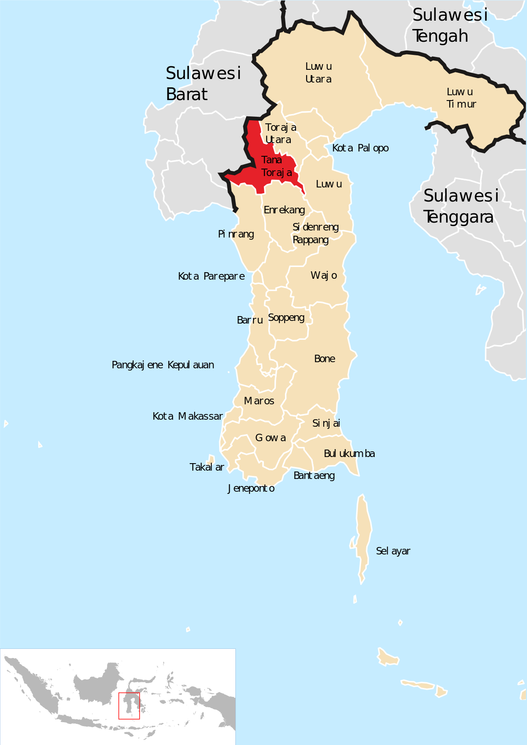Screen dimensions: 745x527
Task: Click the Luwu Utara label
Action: pyautogui.click(x=318, y=73)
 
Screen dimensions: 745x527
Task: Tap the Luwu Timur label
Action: pyautogui.click(x=461, y=98)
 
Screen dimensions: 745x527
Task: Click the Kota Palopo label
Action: pyautogui.click(x=360, y=148)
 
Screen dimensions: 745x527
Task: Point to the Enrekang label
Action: pyautogui.click(x=284, y=210)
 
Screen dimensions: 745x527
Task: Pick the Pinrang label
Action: pyautogui.click(x=236, y=234)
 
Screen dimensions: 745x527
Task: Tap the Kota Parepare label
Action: pyautogui.click(x=211, y=277)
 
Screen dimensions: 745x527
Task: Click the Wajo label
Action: pyautogui.click(x=324, y=276)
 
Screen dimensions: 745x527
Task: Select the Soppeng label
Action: pyautogui.click(x=286, y=318)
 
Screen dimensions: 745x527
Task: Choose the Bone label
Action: pyautogui.click(x=325, y=359)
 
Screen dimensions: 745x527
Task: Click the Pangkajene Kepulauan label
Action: pyautogui.click(x=163, y=365)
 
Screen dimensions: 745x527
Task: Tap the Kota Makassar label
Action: pyautogui.click(x=188, y=417)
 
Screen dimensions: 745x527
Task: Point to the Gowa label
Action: pyautogui.click(x=271, y=438)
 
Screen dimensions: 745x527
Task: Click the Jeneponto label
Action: pyautogui.click(x=251, y=489)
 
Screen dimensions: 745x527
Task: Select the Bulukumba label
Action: pyautogui.click(x=349, y=454)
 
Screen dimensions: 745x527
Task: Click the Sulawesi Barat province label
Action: pyautogui.click(x=203, y=84)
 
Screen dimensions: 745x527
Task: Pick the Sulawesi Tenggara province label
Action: pyautogui.click(x=460, y=206)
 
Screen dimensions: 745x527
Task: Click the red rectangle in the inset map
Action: pyautogui.click(x=129, y=706)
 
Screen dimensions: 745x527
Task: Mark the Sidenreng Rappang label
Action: pyautogui.click(x=315, y=234)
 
